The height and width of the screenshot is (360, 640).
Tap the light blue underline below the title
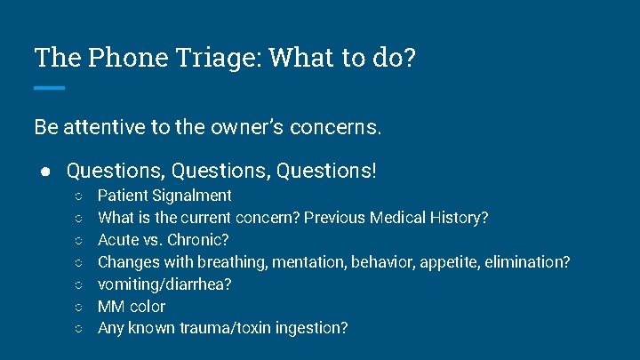(50, 87)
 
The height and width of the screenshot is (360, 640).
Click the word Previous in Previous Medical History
(332, 218)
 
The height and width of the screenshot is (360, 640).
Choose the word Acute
(117, 240)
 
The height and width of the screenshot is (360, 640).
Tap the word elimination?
(526, 262)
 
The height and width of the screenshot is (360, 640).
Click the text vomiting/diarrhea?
(164, 284)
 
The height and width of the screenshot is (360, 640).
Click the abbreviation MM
(111, 307)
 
